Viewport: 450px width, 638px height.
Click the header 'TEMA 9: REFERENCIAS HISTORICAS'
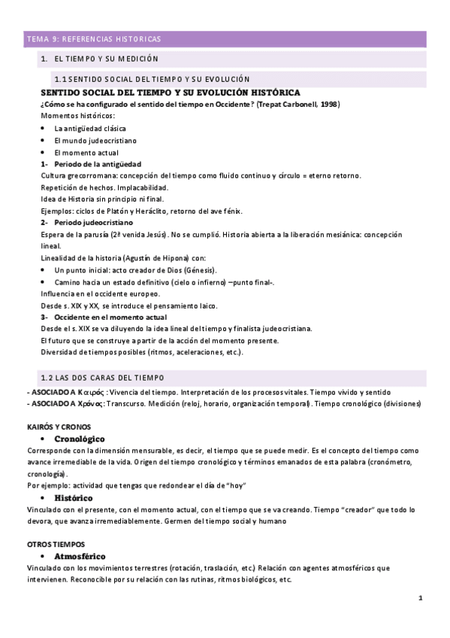(94, 39)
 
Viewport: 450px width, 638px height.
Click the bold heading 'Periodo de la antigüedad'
(98, 164)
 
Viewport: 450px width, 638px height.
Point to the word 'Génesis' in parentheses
(201, 269)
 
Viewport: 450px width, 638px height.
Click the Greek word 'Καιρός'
(92, 392)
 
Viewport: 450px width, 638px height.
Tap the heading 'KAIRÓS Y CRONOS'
(59, 427)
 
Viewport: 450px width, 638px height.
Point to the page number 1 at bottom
(421, 598)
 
